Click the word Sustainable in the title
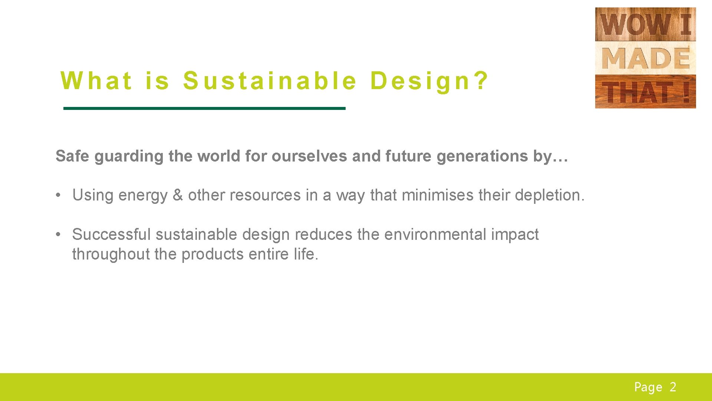pos(270,81)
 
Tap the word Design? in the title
pos(429,81)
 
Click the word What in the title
pos(96,81)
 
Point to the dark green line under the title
pos(204,108)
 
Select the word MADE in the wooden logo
pos(645,58)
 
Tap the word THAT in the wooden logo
pos(637,92)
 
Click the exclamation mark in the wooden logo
pos(686,92)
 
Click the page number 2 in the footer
pos(673,387)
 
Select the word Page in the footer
pos(648,387)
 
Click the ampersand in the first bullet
pos(178,195)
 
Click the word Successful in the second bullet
pos(111,235)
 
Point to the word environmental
pos(435,235)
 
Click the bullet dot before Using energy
pos(58,195)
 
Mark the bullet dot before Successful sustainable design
pos(58,235)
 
